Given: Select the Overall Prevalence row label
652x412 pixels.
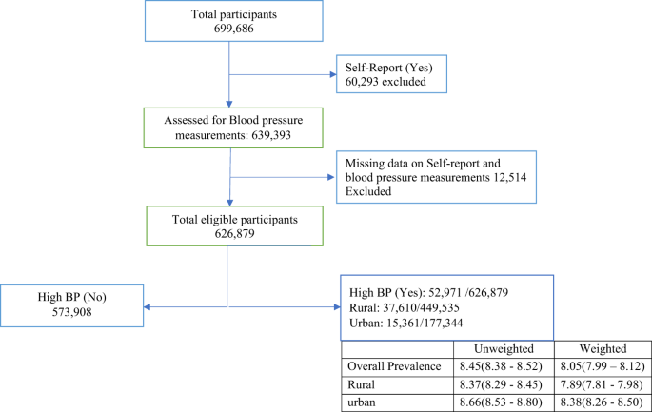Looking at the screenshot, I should click(x=394, y=364).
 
